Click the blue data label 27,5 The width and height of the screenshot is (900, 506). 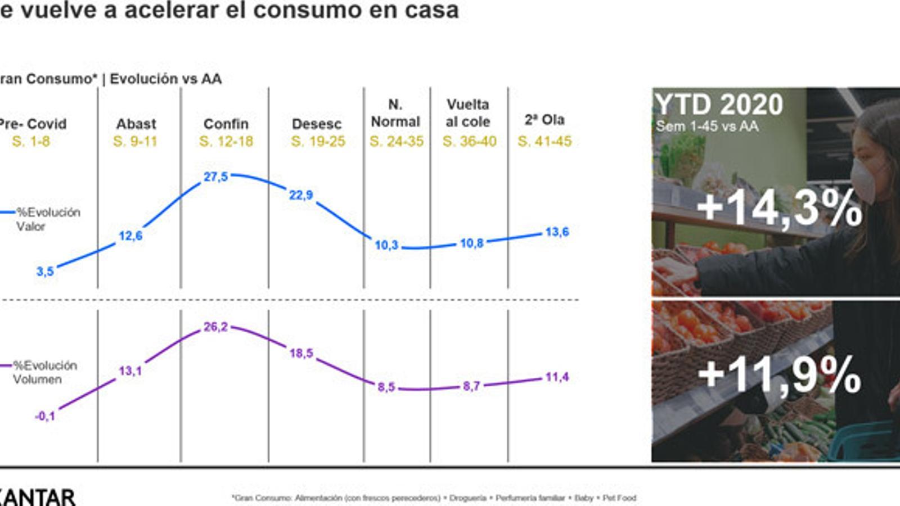215,177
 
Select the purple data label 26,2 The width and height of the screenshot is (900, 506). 215,327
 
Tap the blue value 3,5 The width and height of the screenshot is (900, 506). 45,272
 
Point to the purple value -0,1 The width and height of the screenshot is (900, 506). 45,417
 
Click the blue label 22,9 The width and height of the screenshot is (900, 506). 301,195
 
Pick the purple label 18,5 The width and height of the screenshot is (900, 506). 301,354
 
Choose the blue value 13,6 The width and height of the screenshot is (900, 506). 557,232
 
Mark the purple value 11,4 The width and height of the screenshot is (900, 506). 557,377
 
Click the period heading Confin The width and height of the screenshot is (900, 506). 226,124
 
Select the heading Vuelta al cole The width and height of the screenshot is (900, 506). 468,113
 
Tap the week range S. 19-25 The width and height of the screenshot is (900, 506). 318,142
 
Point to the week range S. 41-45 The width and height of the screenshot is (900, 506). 544,142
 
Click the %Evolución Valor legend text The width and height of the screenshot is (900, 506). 47,219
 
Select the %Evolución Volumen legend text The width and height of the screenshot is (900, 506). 45,372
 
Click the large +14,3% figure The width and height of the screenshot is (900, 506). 779,208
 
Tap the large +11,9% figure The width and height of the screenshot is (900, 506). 779,374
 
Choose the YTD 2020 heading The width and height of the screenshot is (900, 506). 719,105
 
